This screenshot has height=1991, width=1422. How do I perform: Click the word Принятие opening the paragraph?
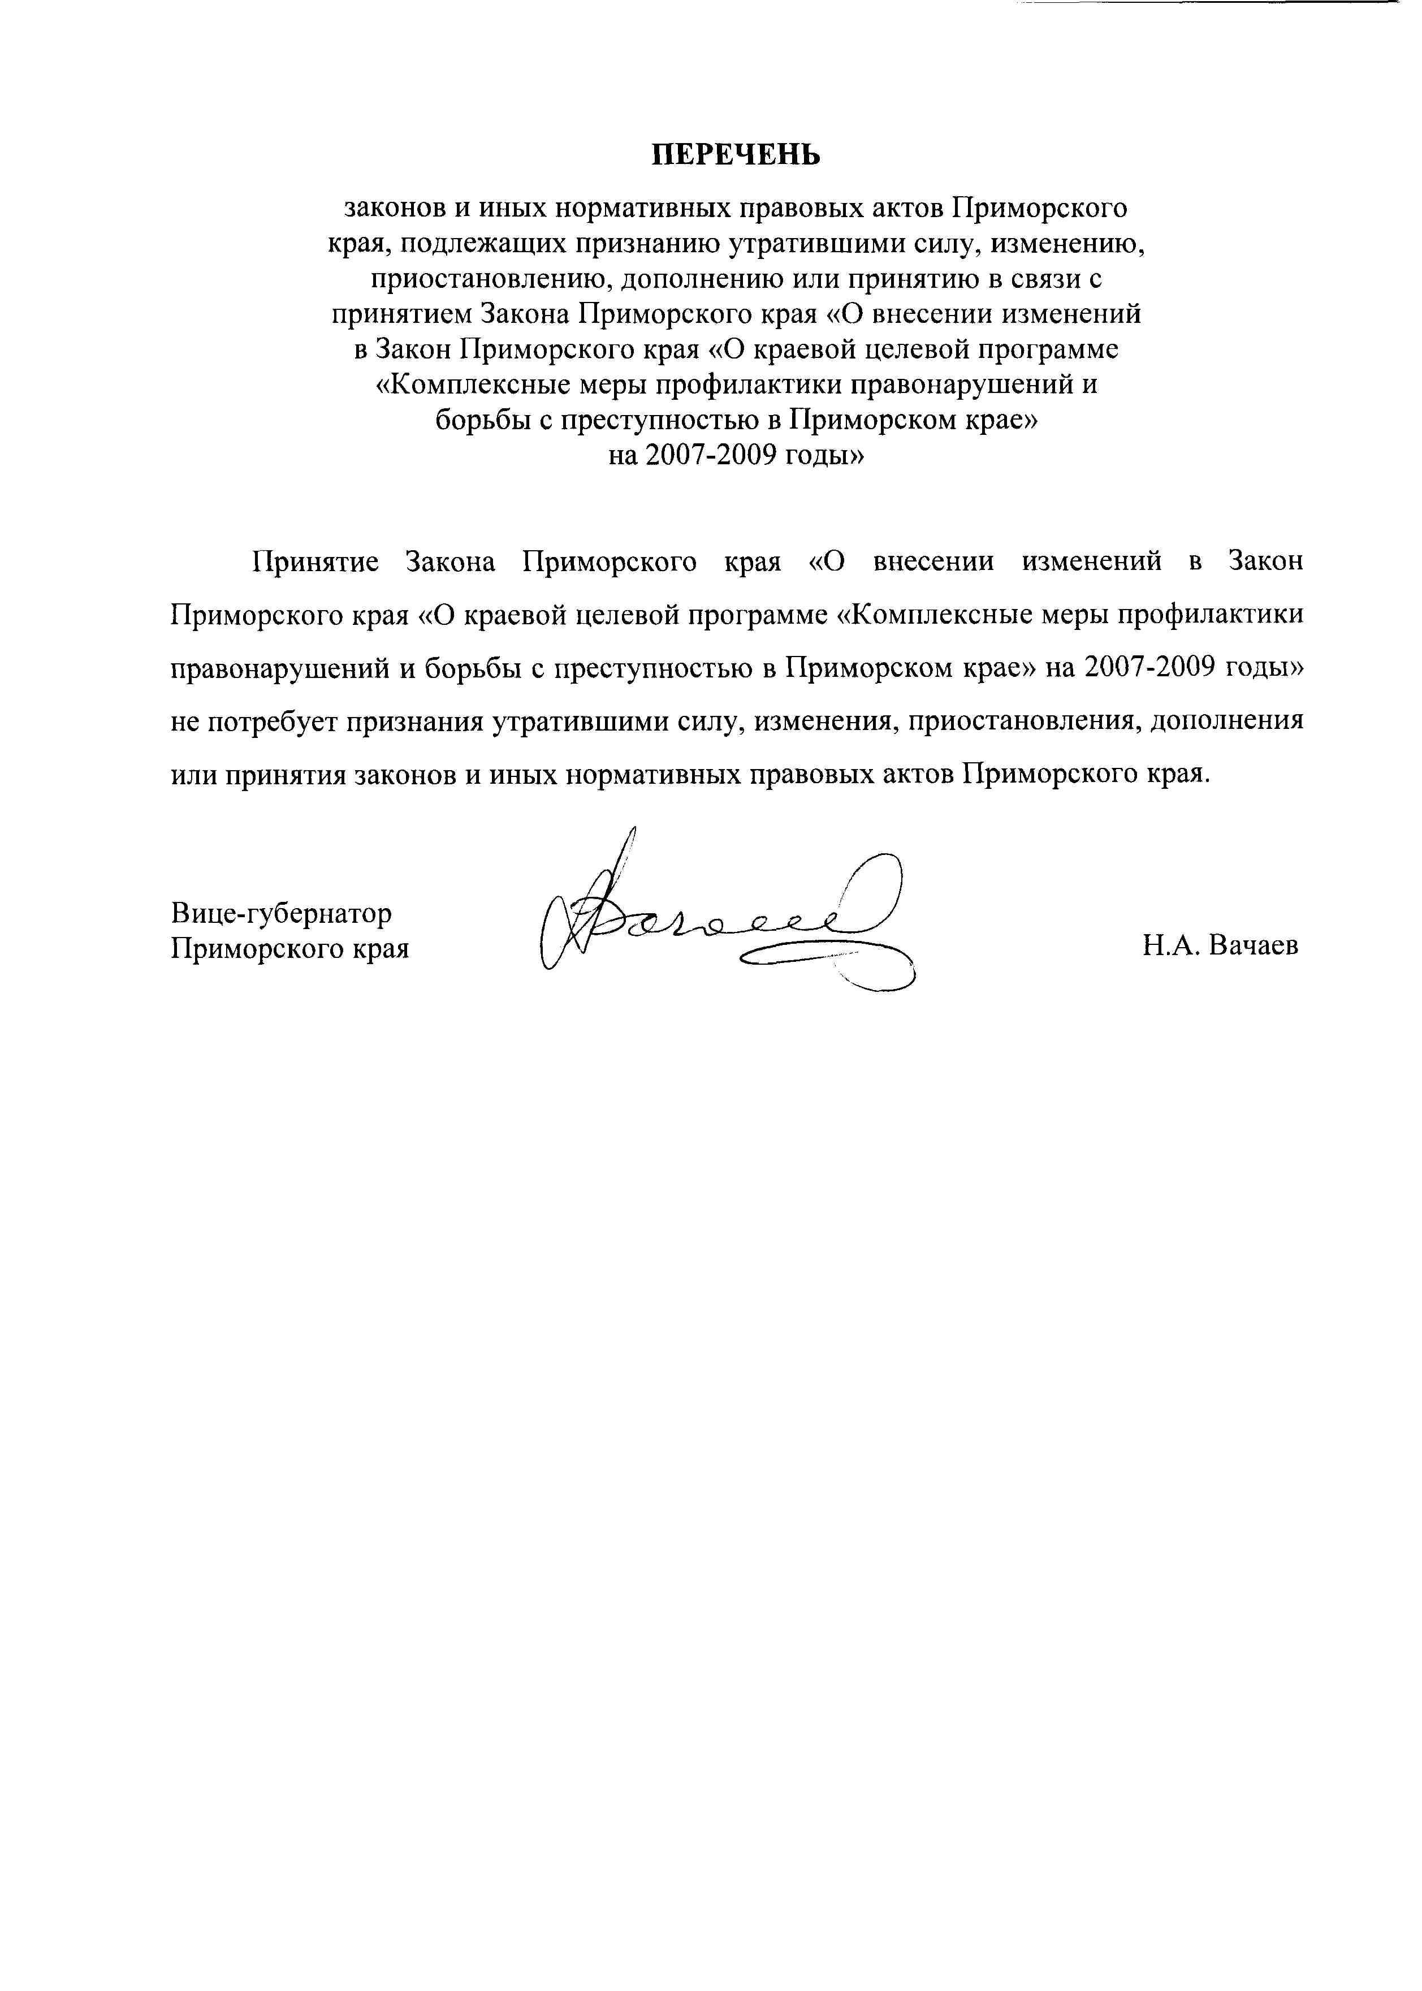[315, 562]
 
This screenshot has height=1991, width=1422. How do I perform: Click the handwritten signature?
[727, 919]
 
